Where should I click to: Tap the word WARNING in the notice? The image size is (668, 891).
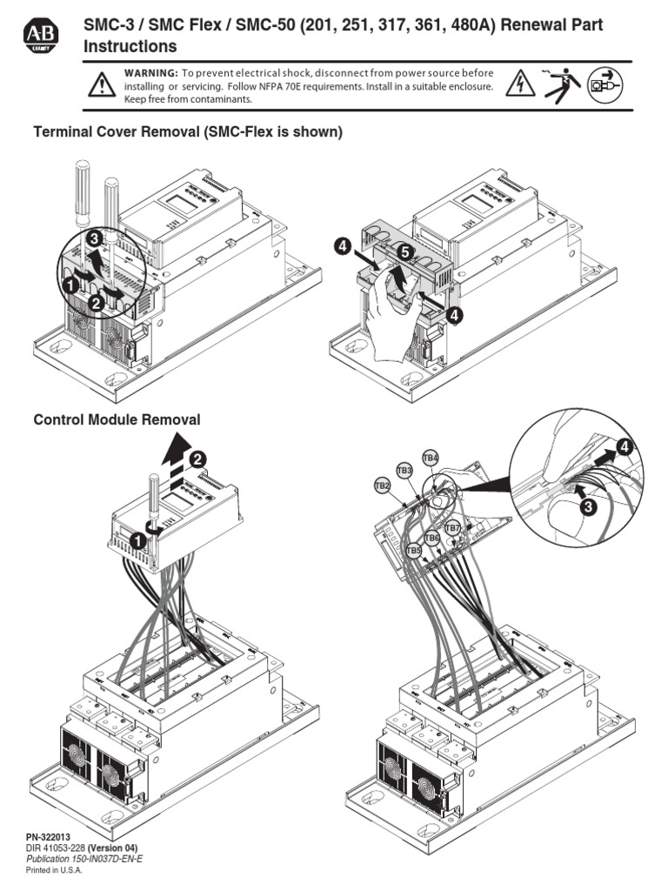[151, 72]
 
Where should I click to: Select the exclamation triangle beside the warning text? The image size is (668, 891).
[103, 84]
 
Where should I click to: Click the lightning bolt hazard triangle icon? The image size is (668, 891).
[520, 84]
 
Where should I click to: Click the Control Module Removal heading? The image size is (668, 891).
[117, 419]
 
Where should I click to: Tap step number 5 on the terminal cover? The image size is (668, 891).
[403, 251]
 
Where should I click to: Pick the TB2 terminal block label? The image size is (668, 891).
[381, 486]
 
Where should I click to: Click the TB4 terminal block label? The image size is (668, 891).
[431, 458]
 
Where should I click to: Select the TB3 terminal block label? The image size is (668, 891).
[404, 470]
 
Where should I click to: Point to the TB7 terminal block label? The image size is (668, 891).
[452, 528]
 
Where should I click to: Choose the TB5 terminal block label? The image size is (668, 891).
[413, 551]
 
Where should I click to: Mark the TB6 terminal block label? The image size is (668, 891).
[432, 539]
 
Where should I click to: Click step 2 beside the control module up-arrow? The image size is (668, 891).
[197, 459]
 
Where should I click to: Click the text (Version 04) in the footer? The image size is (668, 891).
[112, 847]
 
